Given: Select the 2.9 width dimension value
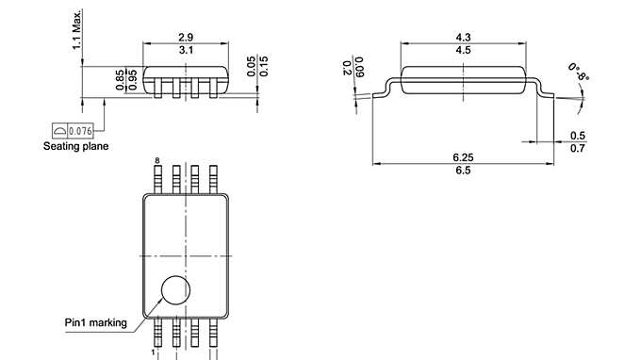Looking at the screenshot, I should coord(186,37).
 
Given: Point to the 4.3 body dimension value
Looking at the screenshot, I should coord(463,37).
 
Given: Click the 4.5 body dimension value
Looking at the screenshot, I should coord(463,49).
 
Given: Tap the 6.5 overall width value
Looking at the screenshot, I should coord(462,170).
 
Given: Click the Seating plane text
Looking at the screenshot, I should coord(75,146).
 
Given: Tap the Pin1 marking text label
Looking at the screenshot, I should coord(95,322).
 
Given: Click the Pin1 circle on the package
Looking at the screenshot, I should coord(174,291).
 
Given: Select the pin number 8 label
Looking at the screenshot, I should coord(156,161).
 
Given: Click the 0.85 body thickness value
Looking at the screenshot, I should coord(120,80).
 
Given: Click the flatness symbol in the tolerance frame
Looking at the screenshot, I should coord(60,130).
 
